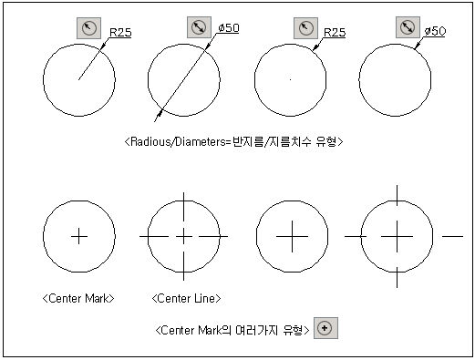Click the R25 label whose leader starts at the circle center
[x=120, y=32]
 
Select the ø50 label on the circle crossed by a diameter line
[x=229, y=28]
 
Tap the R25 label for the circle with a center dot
[x=335, y=32]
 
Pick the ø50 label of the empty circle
[x=435, y=31]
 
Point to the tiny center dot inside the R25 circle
[x=291, y=79]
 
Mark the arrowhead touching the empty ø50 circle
[x=417, y=46]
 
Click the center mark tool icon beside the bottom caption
[x=325, y=328]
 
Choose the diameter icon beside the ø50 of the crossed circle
[x=199, y=27]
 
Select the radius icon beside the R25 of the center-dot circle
[x=305, y=28]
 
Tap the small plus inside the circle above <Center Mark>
[x=79, y=236]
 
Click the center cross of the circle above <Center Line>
[x=183, y=236]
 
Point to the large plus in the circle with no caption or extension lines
[x=292, y=236]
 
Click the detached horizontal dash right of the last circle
[x=452, y=236]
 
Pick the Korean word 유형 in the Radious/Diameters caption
[x=325, y=141]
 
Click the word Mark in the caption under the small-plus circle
[x=97, y=298]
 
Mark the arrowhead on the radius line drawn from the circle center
[x=103, y=46]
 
